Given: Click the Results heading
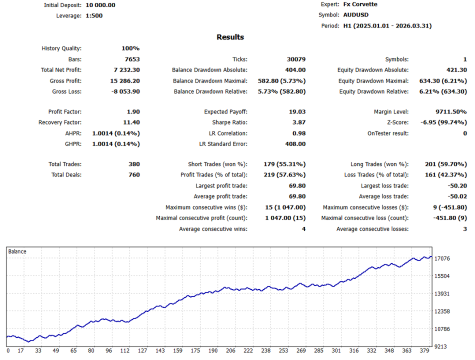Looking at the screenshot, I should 230,37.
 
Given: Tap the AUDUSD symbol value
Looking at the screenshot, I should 356,15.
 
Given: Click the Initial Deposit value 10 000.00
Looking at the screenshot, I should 100,5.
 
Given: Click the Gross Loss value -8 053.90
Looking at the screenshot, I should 125,91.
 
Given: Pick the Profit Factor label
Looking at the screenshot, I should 65,112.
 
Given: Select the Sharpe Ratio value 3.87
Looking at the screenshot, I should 298,122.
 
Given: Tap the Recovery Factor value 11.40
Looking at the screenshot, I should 131,122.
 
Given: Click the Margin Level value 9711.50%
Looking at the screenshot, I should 448,112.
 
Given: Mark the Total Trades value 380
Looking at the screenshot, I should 134,164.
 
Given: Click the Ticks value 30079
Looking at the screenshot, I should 295,59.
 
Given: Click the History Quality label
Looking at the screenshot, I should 61,48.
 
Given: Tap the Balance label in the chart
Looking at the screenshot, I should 17,251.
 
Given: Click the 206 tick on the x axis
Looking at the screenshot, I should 230,351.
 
